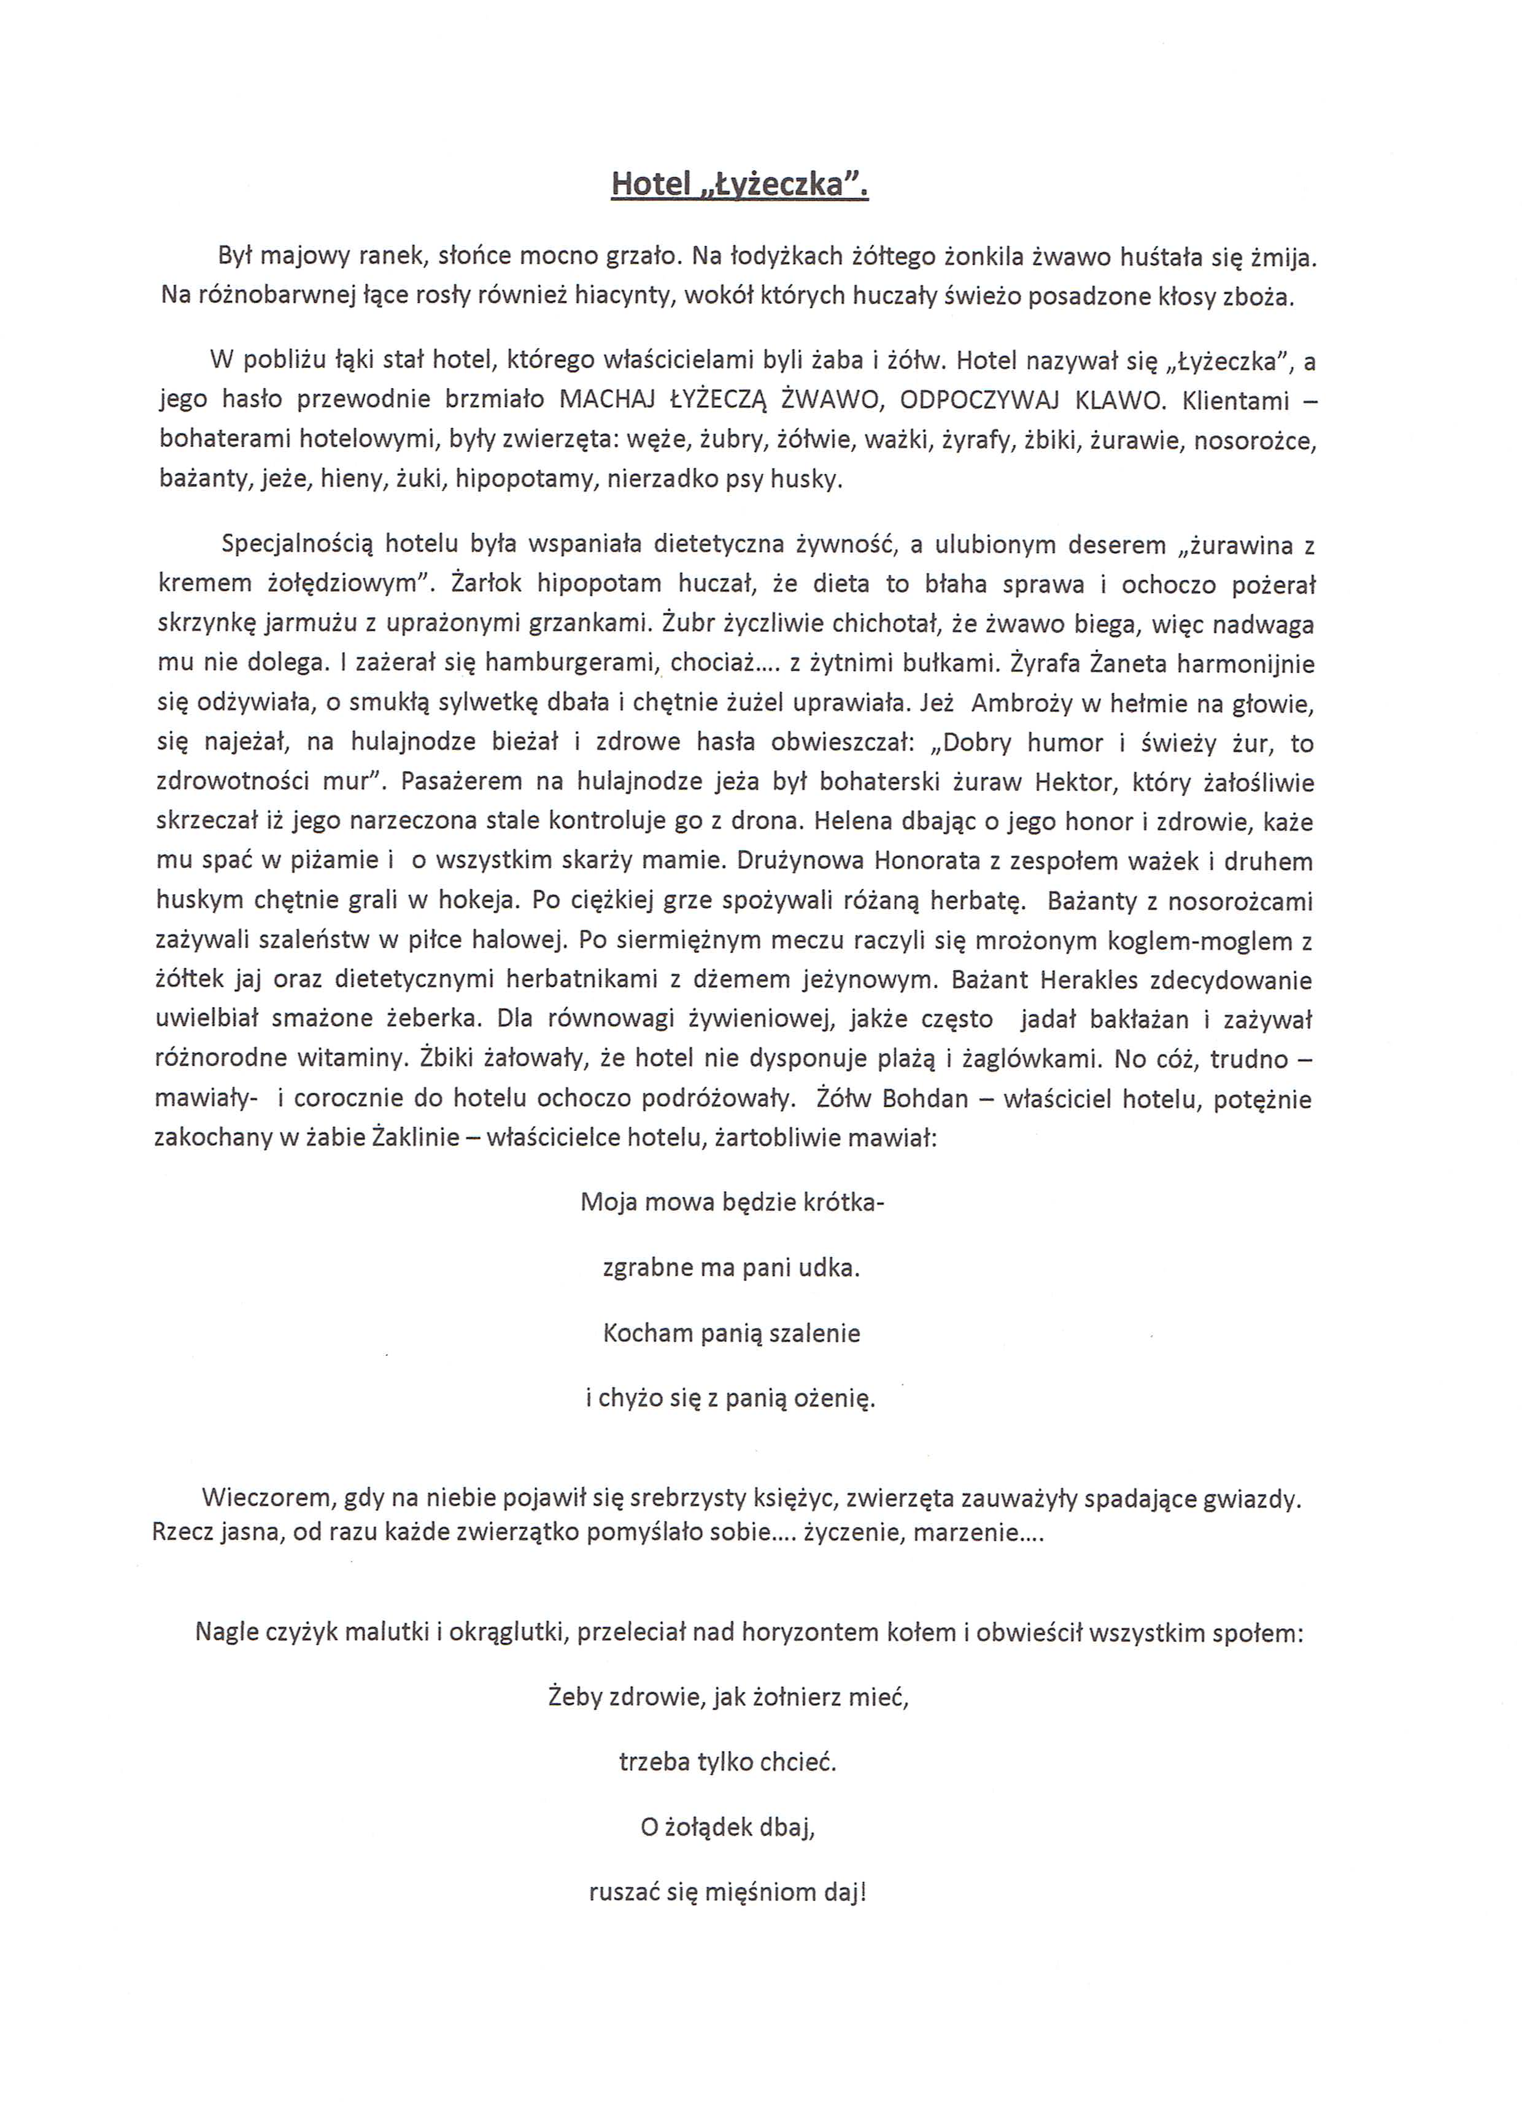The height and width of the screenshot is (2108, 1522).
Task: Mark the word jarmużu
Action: pos(312,624)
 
